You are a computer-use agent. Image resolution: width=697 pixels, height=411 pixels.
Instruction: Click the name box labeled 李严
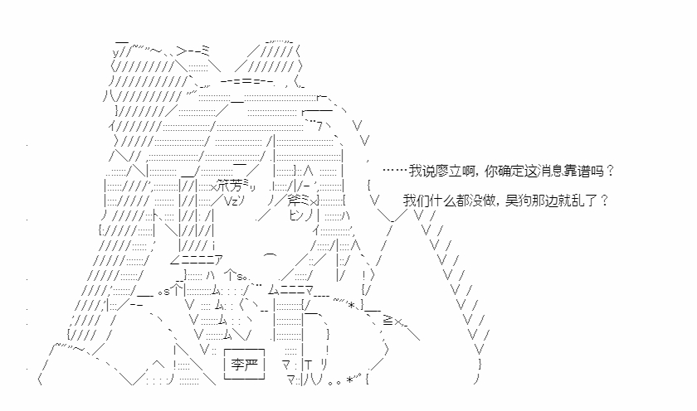pos(244,365)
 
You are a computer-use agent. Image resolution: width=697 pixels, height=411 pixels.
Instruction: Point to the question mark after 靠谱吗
pos(610,171)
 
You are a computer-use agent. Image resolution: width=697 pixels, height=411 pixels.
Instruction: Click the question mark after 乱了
pos(604,201)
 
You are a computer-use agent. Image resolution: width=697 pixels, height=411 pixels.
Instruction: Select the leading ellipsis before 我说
pos(395,171)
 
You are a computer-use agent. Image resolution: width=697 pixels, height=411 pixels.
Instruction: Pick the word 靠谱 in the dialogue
pos(578,171)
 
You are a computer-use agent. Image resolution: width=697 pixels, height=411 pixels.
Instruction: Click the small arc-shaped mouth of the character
pos(271,255)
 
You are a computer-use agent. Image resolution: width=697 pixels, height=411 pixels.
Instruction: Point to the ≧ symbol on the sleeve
pos(387,321)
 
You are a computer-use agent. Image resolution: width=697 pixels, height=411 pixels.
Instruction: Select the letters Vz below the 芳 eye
pos(231,201)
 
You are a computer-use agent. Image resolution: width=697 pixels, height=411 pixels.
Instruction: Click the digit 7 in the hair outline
pos(319,127)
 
